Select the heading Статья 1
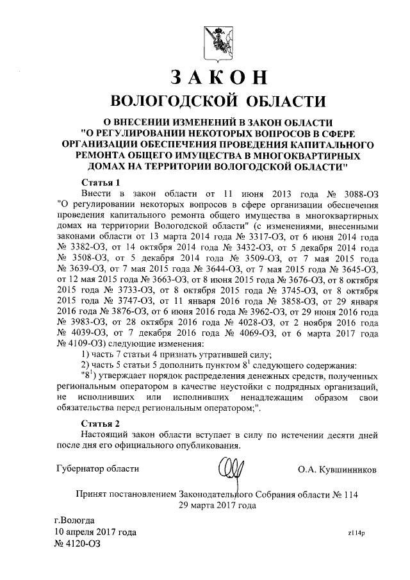click(x=101, y=182)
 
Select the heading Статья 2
click(x=101, y=424)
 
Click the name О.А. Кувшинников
click(x=337, y=469)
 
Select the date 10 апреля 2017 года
click(x=95, y=532)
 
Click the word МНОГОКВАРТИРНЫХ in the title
click(x=299, y=155)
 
